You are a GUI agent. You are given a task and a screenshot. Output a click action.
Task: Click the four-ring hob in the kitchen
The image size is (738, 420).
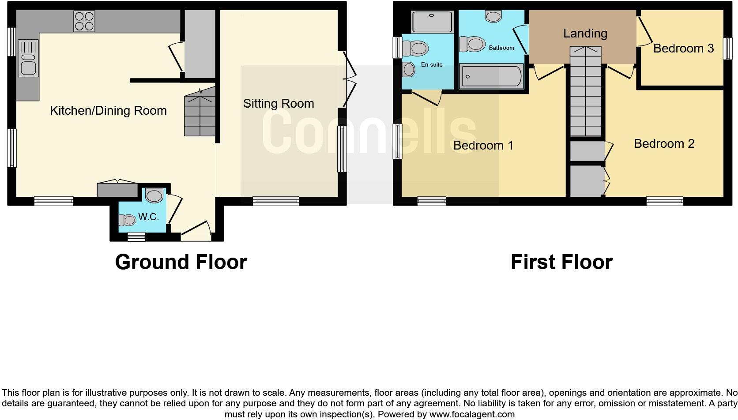(84, 21)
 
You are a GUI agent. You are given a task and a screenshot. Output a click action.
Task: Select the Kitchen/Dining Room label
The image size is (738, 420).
(108, 110)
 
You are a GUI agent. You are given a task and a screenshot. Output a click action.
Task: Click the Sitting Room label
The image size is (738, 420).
(279, 104)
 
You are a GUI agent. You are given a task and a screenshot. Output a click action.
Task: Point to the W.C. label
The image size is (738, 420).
(148, 217)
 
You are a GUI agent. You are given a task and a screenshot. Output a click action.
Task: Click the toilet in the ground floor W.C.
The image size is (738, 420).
(154, 195)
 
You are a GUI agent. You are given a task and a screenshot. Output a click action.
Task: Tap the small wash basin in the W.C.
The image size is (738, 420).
(127, 220)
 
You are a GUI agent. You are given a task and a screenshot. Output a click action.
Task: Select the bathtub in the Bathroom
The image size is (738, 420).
(491, 76)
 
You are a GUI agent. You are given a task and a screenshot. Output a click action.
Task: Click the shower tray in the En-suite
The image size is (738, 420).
(432, 22)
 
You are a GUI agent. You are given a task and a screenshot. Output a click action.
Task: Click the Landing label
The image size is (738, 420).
(585, 34)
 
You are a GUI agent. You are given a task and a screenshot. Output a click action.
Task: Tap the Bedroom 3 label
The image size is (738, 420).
(683, 49)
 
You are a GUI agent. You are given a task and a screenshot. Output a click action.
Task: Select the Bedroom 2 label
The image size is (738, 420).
(664, 143)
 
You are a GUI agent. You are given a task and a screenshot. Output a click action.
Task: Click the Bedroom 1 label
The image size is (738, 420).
(483, 145)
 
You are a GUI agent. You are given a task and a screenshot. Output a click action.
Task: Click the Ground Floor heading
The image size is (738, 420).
(181, 262)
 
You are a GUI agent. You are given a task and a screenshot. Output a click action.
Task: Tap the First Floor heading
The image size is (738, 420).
(561, 262)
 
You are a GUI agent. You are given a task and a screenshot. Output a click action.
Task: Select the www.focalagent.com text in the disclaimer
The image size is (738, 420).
(472, 414)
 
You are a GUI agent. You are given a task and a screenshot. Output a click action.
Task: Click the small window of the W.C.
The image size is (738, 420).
(136, 237)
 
